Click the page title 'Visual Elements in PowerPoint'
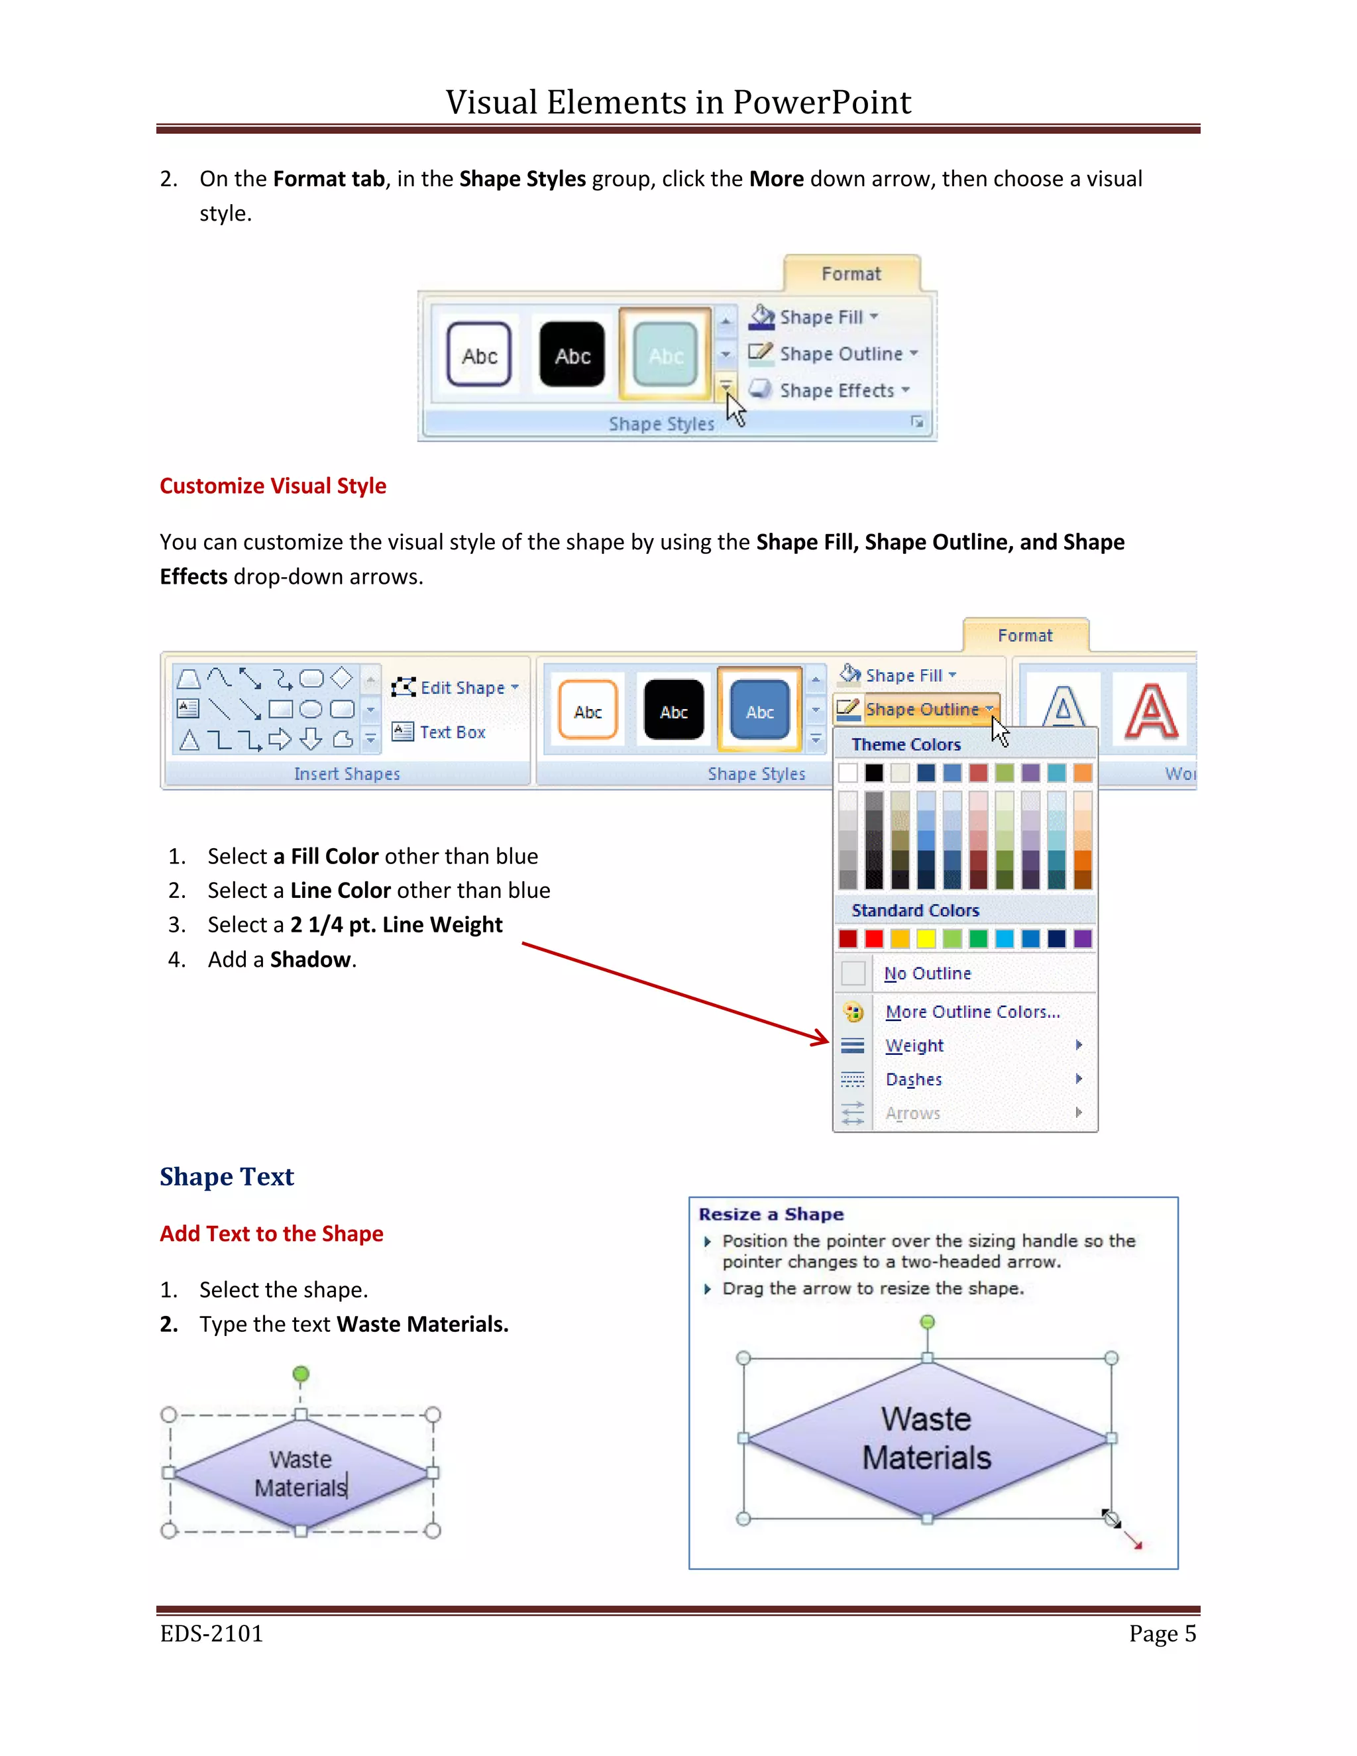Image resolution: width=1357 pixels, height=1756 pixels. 678,102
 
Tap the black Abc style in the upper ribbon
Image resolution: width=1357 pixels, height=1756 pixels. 572,355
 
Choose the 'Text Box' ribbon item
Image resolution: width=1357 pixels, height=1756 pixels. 451,732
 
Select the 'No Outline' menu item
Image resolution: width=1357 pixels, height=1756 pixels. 927,973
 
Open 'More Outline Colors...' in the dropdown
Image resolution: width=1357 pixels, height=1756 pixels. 972,1011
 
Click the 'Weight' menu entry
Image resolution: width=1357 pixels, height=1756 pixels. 914,1045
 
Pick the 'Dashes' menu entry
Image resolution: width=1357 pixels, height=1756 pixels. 913,1079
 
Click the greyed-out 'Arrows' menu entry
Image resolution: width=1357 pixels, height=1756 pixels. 912,1113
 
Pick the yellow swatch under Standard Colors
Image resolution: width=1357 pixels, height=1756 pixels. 926,938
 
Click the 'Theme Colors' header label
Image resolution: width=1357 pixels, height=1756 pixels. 906,745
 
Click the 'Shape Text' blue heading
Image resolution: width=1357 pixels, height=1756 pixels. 227,1176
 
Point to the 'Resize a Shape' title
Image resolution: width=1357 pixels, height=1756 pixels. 770,1214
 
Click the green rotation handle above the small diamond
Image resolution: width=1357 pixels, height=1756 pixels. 301,1373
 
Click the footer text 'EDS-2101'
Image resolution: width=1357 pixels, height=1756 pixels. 211,1633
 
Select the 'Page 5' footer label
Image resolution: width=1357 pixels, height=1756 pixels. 1162,1633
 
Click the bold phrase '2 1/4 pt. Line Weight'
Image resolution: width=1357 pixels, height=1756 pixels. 396,924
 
